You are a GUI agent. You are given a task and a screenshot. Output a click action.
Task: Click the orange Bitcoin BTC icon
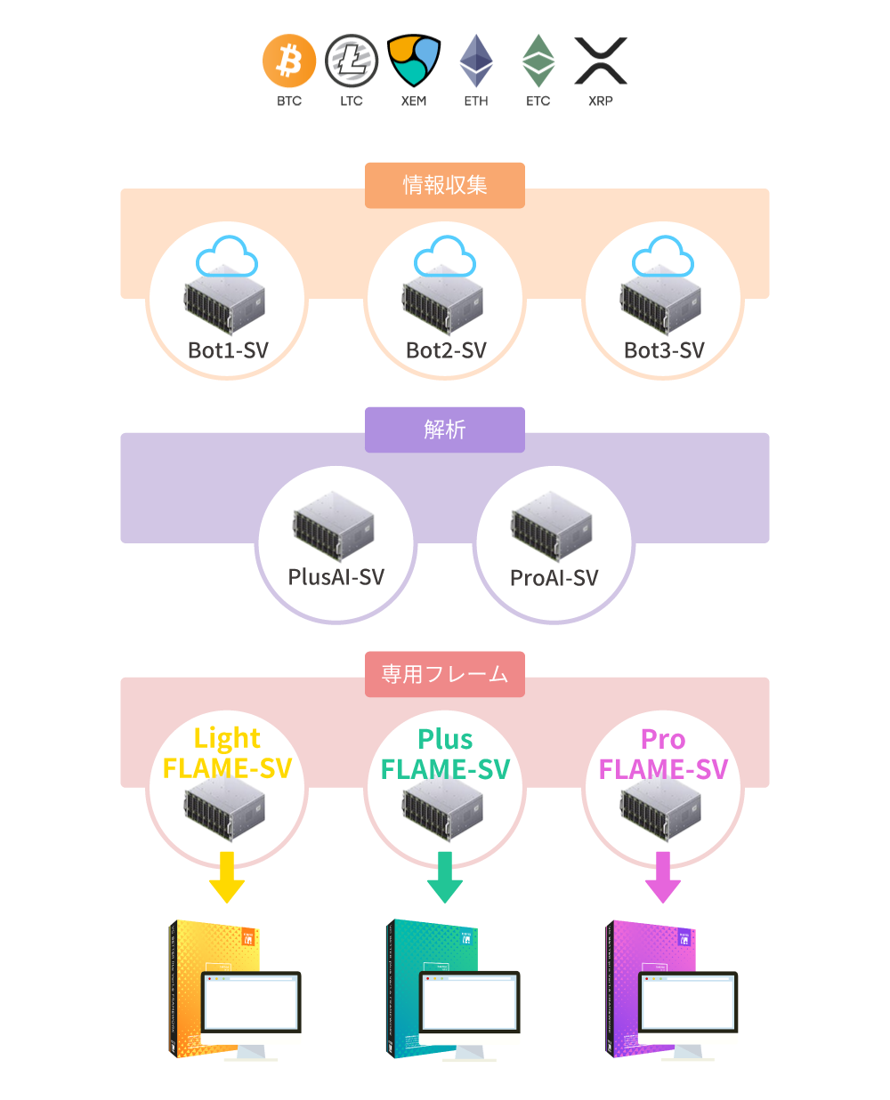289,62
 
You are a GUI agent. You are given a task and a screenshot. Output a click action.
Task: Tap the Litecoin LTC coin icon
352,62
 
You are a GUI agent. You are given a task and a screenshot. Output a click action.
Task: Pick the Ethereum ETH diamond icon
476,61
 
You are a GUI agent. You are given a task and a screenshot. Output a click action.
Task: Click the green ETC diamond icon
538,61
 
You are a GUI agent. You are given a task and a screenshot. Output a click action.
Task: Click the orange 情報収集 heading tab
445,185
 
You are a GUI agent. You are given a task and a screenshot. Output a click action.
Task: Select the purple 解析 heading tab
445,430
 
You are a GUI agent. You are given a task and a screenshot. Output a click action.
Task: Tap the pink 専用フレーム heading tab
445,674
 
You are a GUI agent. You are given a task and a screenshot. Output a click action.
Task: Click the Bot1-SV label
228,350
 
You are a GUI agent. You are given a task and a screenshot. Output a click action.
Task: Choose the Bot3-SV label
664,350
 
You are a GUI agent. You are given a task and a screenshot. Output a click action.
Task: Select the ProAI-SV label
554,578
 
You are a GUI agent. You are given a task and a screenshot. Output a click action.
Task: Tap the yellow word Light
227,738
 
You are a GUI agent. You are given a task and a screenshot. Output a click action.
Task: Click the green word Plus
445,739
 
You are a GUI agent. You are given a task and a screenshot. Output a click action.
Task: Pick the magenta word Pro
663,739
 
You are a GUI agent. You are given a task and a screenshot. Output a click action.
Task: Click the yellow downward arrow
227,878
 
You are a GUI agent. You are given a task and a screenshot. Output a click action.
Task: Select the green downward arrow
445,878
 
